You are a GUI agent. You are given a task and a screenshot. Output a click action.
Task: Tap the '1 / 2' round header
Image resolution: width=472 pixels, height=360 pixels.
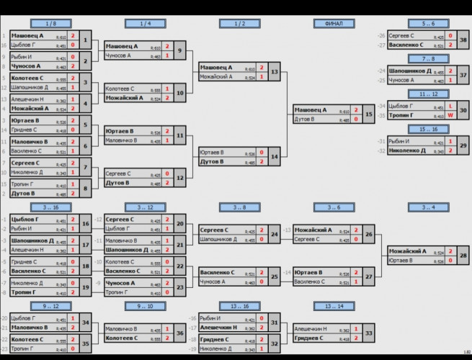click(x=239, y=24)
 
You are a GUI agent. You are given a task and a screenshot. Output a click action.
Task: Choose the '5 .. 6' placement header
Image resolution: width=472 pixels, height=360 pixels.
click(x=427, y=24)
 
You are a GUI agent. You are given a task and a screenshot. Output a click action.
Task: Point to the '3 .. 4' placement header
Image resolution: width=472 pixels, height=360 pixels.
click(x=427, y=207)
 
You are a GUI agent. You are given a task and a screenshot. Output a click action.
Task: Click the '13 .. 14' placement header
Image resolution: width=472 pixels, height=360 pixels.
click(x=334, y=306)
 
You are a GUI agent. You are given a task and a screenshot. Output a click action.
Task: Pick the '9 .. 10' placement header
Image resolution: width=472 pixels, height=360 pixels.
click(x=146, y=306)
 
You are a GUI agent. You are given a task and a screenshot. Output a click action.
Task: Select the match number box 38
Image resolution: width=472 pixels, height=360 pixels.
click(x=463, y=40)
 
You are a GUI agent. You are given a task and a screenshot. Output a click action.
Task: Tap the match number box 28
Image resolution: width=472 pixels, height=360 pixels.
click(x=463, y=256)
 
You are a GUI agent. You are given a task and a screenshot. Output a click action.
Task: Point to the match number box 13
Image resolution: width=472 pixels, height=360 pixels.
click(x=275, y=72)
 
